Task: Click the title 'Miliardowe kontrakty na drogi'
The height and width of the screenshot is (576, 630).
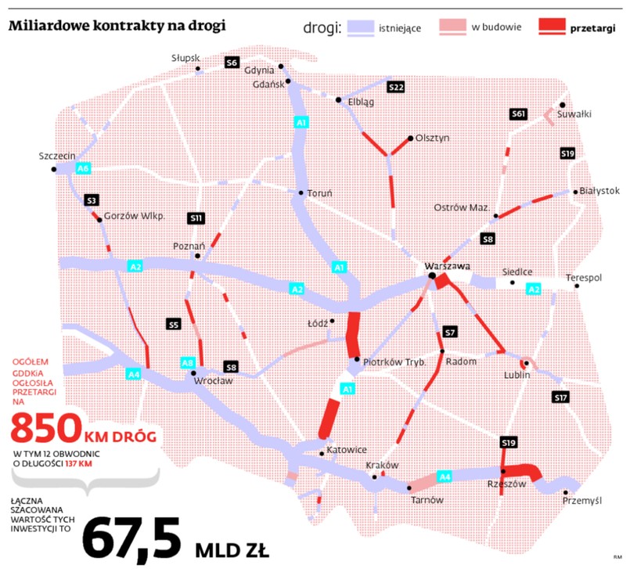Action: (x=117, y=26)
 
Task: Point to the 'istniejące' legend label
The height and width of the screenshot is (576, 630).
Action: (x=399, y=28)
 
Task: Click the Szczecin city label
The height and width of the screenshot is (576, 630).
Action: (x=56, y=156)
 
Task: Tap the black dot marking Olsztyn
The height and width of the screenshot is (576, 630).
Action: (x=410, y=139)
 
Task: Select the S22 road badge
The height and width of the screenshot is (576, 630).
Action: (x=395, y=86)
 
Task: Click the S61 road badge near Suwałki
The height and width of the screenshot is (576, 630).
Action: (x=517, y=114)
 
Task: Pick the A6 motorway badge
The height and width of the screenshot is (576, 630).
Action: (x=83, y=168)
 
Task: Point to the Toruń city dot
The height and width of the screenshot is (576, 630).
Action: (x=301, y=193)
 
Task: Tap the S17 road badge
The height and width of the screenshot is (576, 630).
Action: (x=560, y=398)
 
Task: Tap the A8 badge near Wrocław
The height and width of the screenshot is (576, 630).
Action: (x=188, y=362)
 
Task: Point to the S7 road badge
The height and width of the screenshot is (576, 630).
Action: (x=449, y=332)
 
